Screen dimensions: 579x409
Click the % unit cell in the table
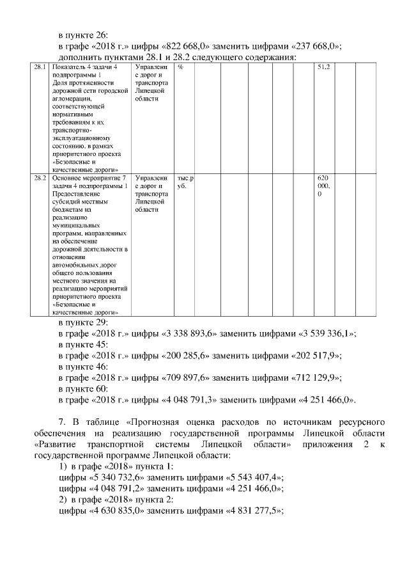181,67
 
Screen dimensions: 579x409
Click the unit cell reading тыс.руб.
185,182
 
